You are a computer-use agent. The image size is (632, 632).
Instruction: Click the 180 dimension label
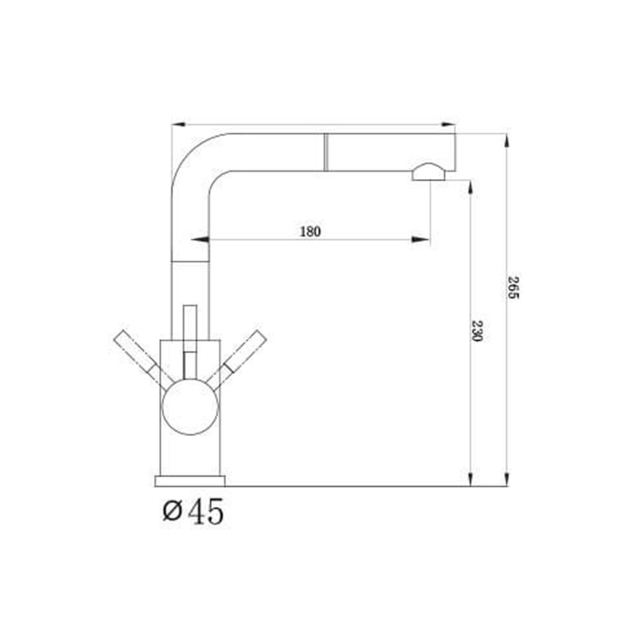coord(310,232)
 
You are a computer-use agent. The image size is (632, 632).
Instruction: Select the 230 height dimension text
coord(476,330)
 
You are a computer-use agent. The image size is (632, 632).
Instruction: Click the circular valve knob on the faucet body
coord(190,407)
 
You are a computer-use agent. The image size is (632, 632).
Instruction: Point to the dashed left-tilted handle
coord(143,360)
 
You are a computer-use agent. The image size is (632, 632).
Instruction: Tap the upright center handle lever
coord(190,342)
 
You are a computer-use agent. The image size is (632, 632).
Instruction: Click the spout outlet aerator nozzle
coord(428,172)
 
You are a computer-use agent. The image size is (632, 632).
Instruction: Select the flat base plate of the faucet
coord(190,481)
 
